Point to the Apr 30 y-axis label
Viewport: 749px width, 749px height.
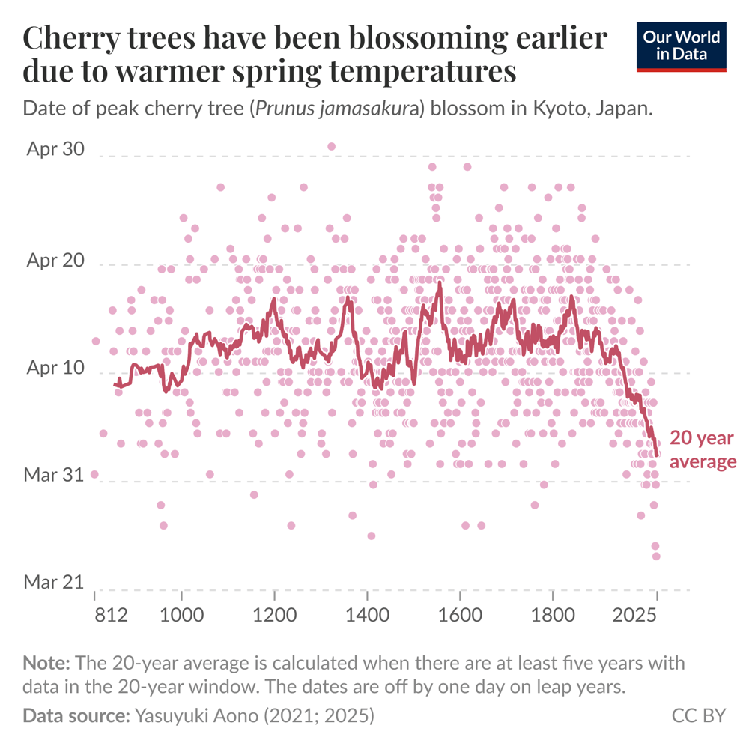click(x=55, y=148)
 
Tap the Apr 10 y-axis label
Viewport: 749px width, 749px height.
click(x=55, y=369)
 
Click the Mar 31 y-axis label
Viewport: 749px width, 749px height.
click(x=55, y=474)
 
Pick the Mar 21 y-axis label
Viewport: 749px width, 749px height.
click(x=55, y=582)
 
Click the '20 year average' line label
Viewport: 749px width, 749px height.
click(x=702, y=449)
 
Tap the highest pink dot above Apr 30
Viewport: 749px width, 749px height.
click(x=332, y=146)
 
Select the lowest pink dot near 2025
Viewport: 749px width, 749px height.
click(x=656, y=556)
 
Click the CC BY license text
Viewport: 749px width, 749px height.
click(x=698, y=715)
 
